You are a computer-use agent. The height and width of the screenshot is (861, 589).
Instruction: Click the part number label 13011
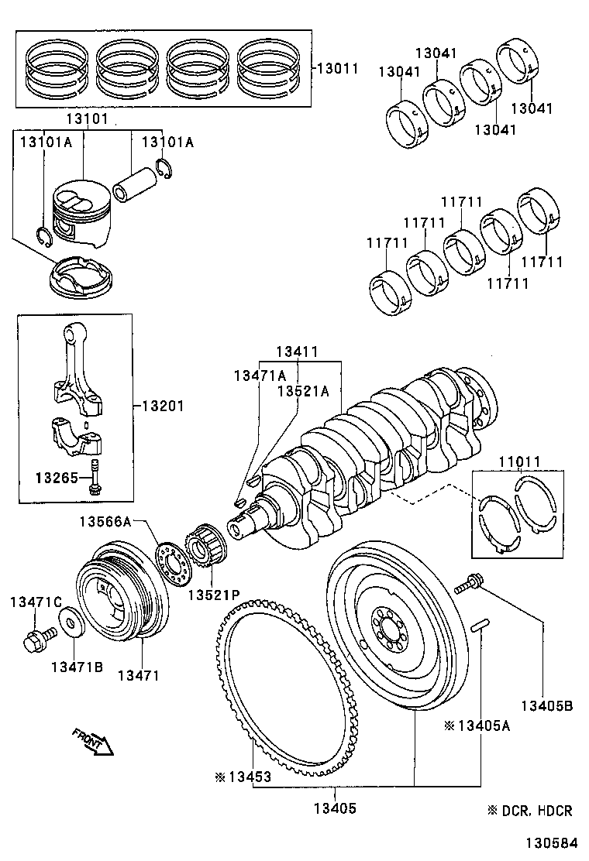point(337,68)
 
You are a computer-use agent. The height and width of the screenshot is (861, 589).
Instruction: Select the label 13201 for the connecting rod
point(163,406)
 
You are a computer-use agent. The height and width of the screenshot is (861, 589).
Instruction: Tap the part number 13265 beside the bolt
point(56,477)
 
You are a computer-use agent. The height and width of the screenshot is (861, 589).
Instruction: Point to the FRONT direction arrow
point(92,741)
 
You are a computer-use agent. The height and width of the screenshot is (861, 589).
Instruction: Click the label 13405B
point(546,705)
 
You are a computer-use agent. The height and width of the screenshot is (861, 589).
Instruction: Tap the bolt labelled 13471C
point(35,640)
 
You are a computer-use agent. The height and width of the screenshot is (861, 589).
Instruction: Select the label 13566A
point(105,522)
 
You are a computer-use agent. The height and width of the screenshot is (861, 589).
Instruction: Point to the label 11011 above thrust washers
point(519,462)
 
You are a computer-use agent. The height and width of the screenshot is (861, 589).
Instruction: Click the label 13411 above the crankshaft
point(298,352)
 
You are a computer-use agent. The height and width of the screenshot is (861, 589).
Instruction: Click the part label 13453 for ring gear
point(248,777)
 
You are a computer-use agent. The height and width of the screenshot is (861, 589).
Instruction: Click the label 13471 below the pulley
point(138,674)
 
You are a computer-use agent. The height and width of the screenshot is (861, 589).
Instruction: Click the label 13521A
point(304,391)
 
